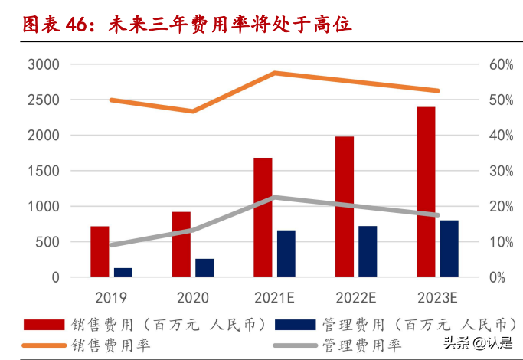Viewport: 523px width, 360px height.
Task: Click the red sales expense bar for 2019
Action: [100, 251]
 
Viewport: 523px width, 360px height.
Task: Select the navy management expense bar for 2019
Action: [123, 272]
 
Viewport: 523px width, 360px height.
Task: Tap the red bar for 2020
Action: [181, 244]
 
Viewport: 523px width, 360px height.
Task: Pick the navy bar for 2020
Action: [204, 267]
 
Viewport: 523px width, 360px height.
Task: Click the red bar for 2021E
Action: [263, 217]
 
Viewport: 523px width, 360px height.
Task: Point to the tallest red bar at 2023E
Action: [426, 191]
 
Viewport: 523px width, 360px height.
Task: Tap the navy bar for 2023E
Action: [449, 248]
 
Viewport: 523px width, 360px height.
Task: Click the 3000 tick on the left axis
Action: [43, 64]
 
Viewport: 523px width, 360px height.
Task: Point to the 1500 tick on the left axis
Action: [43, 171]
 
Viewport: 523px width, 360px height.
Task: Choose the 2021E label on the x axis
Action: [274, 297]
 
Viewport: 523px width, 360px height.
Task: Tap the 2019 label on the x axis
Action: [111, 297]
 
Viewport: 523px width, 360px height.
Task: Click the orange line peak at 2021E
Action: [274, 73]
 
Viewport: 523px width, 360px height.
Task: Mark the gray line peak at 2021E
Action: [274, 197]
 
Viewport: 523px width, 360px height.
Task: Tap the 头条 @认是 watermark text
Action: [476, 343]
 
